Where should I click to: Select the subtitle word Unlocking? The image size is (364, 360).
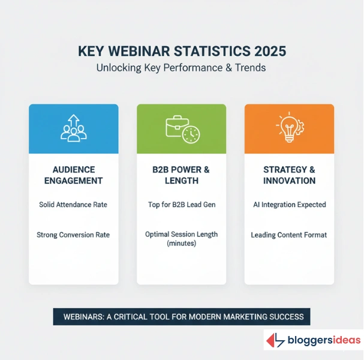pyautogui.click(x=118, y=68)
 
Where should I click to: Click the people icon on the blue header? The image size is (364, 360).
pyautogui.click(x=74, y=128)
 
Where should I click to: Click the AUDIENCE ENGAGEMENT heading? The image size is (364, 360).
pyautogui.click(x=74, y=175)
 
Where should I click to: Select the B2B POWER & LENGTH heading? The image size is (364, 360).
pyautogui.click(x=182, y=175)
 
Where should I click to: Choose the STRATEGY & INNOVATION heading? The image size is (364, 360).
pyautogui.click(x=289, y=175)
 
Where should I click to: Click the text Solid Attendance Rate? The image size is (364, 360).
pyautogui.click(x=74, y=205)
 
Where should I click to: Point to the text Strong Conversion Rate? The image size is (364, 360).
pyautogui.click(x=74, y=235)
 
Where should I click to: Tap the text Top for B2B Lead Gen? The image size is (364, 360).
pyautogui.click(x=182, y=205)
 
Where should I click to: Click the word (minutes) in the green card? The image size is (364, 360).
pyautogui.click(x=182, y=244)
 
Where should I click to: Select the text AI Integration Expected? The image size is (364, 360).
pyautogui.click(x=289, y=205)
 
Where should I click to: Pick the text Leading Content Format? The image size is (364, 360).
pyautogui.click(x=289, y=235)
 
